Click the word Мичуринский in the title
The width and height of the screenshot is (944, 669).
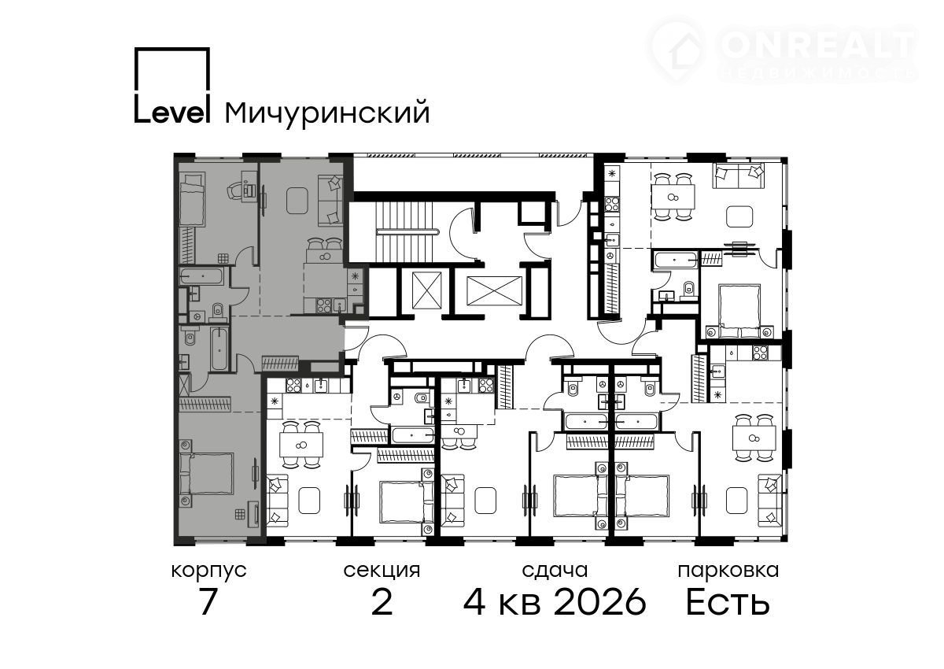[x=327, y=113]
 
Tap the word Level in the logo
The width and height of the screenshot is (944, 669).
[x=172, y=112]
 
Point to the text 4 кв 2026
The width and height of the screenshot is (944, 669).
[x=555, y=602]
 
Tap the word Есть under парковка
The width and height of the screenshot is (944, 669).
[x=728, y=602]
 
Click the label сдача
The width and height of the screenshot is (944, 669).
[x=555, y=571]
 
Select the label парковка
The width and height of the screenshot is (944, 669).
[x=728, y=571]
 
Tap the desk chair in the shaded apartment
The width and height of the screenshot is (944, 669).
[x=235, y=192]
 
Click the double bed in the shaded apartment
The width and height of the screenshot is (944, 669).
[x=206, y=473]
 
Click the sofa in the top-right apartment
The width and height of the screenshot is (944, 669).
[x=739, y=176]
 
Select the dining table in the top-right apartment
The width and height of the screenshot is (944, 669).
[x=673, y=197]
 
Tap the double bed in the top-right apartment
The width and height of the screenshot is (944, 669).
[x=739, y=311]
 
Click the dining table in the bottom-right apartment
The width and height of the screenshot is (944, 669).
[x=754, y=439]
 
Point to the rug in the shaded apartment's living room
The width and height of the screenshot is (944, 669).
[x=298, y=201]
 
